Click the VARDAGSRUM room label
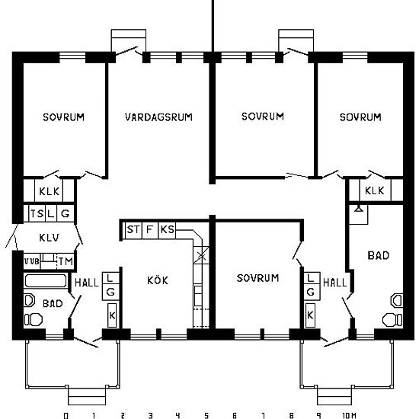point(158,117)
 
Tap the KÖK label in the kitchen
point(158,280)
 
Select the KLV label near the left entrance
point(50,238)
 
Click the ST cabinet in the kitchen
point(133,230)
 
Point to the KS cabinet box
point(167,230)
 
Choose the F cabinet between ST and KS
point(150,230)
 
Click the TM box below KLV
point(66,261)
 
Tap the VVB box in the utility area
point(32,261)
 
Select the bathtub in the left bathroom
point(46,280)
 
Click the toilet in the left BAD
point(33,320)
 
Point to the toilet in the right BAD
point(392,320)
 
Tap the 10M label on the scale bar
point(349,415)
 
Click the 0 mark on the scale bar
point(66,415)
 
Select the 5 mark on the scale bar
point(206,415)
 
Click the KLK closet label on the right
point(374,190)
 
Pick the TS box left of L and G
point(37,213)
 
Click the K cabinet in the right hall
point(310,315)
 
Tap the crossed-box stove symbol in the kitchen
point(201,256)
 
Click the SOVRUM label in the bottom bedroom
point(257,278)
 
